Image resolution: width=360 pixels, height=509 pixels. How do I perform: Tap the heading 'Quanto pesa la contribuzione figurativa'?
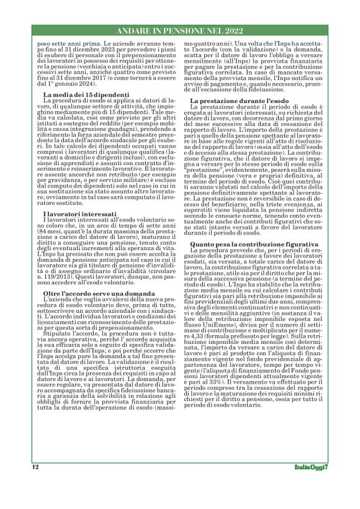(246, 244)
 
